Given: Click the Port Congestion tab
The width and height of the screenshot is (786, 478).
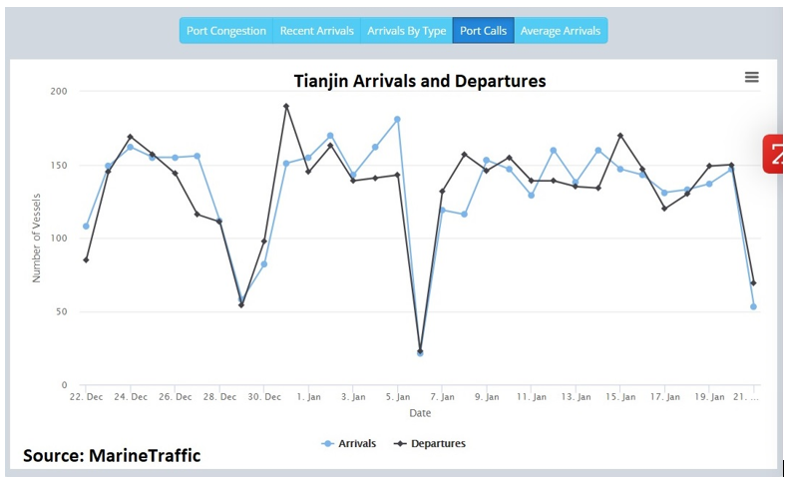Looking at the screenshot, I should tap(226, 31).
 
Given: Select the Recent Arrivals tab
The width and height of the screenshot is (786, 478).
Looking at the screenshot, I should tap(316, 31).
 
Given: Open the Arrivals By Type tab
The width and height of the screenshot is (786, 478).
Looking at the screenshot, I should tap(406, 31).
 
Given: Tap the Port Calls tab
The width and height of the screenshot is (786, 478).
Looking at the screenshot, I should tap(483, 31).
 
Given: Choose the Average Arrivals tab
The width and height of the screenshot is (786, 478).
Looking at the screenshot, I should tap(560, 31).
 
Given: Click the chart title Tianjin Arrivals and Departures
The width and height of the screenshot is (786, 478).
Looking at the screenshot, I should tap(419, 81).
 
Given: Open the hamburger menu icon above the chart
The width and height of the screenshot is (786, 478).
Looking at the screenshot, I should tap(751, 78).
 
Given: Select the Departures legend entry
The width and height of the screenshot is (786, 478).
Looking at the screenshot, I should tap(430, 443).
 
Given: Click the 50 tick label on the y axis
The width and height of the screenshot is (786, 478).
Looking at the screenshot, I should tap(61, 312).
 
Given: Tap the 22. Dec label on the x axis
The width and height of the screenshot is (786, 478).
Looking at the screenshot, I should tap(87, 397).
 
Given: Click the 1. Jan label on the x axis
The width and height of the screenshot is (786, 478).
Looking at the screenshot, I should tap(308, 397).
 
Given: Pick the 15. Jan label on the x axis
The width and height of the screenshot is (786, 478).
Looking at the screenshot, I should tap(620, 397).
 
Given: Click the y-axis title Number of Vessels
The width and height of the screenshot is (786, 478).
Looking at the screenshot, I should tap(37, 239).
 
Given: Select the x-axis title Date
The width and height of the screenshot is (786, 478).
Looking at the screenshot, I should tap(420, 413).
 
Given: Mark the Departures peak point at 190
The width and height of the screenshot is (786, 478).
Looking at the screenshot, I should tap(286, 106).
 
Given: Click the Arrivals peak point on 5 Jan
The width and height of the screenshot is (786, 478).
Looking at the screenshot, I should tap(397, 119).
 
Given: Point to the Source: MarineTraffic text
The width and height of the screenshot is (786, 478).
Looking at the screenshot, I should tap(112, 456).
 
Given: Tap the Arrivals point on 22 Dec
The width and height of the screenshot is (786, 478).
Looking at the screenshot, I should tap(86, 227).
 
